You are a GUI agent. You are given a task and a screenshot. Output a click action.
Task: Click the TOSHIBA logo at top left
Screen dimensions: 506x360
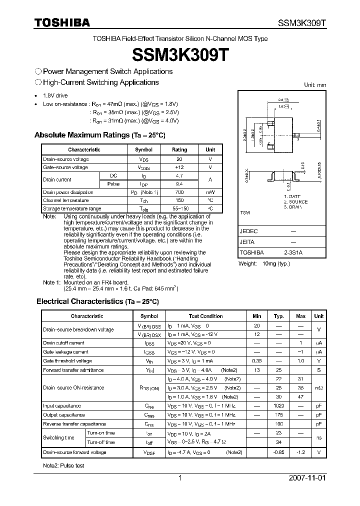62,22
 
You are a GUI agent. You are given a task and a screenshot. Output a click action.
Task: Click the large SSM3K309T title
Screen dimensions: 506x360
180,54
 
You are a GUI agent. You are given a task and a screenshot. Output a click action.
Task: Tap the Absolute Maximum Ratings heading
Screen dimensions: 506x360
99,135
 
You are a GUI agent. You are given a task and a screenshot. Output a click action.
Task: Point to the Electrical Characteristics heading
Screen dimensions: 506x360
97,301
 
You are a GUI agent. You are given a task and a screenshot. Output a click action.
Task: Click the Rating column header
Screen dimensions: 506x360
179,149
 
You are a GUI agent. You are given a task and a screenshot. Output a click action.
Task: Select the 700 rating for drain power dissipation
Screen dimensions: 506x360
179,192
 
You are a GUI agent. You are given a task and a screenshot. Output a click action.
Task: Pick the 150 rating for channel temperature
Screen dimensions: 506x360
179,200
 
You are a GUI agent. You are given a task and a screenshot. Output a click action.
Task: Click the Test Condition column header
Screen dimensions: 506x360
205,316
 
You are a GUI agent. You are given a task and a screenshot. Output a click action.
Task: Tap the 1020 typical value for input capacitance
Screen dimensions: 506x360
279,406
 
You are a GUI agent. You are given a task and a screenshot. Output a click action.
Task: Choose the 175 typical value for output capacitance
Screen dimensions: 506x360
279,415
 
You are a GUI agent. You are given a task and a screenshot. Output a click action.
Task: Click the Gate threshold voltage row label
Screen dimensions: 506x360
67,361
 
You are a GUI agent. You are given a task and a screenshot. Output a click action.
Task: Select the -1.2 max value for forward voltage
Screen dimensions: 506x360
300,452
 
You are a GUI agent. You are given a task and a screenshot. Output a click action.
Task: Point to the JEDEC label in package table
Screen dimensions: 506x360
248,231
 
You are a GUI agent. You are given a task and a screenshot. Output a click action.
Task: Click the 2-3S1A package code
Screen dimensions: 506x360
293,253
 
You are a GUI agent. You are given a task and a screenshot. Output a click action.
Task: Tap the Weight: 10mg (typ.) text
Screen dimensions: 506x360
263,263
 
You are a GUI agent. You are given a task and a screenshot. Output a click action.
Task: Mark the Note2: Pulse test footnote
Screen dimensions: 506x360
63,465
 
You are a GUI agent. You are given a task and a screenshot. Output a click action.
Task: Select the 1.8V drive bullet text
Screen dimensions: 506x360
55,95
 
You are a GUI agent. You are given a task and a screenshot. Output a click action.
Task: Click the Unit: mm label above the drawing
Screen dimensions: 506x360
315,85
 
